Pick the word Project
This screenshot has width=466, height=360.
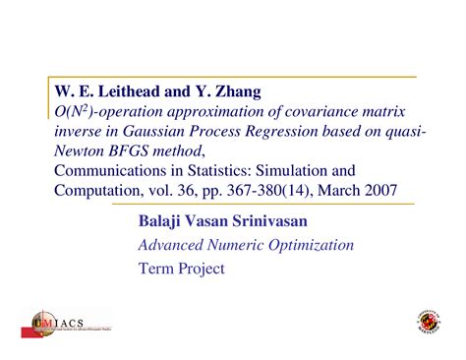pos(199,268)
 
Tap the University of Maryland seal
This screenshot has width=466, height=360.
pos(432,324)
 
